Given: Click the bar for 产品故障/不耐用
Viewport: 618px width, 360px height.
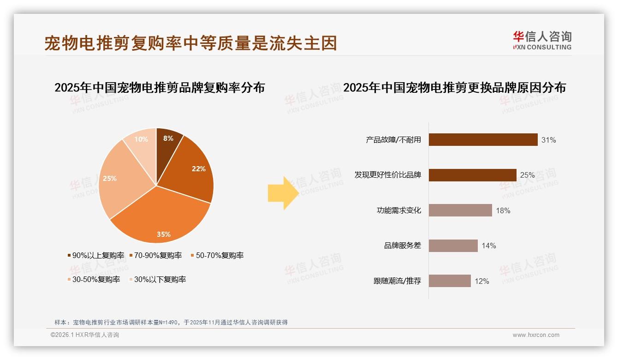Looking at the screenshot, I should (483, 139).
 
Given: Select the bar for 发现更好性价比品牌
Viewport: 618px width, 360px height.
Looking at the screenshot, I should (472, 175).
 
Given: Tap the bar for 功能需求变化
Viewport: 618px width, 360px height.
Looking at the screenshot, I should (460, 210).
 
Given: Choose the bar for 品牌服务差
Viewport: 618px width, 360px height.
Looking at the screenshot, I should (453, 246).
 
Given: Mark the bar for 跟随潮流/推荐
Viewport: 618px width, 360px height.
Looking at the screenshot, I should (450, 281).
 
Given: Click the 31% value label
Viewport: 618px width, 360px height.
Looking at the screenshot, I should (548, 140).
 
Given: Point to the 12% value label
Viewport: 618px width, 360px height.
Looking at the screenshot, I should (481, 281).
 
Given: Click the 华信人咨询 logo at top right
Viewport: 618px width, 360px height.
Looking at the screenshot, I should (542, 40).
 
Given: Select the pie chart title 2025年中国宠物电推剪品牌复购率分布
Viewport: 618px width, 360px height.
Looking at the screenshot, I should (160, 87).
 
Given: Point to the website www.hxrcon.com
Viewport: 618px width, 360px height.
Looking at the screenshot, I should (536, 335).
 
